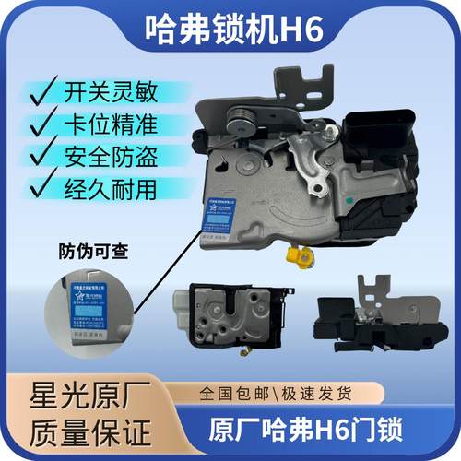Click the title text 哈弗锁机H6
point(230,27)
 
